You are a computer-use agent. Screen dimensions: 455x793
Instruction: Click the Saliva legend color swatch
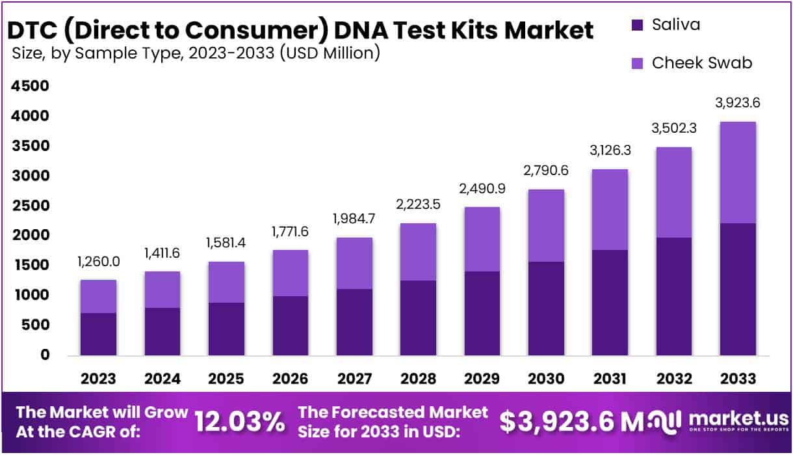(637, 26)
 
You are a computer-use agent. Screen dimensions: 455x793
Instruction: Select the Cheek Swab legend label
(702, 62)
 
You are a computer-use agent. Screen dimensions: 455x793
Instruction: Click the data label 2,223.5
(418, 204)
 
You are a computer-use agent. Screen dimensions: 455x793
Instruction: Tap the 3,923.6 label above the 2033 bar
(737, 102)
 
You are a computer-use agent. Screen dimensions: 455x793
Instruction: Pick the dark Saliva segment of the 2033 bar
(737, 289)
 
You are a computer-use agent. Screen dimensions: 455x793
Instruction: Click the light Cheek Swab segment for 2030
(546, 226)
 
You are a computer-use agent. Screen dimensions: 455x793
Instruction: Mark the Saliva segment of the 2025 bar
(226, 329)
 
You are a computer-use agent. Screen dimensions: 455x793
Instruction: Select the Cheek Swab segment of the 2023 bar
(98, 296)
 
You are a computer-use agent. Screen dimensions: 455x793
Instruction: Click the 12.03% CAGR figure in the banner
(240, 422)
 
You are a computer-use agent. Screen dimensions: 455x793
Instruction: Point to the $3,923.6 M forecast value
(565, 422)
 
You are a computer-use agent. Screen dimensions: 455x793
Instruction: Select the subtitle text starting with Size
(195, 53)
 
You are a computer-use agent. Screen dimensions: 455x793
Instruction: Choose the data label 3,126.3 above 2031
(610, 151)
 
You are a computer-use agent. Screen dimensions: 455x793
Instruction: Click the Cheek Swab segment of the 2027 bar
(354, 264)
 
